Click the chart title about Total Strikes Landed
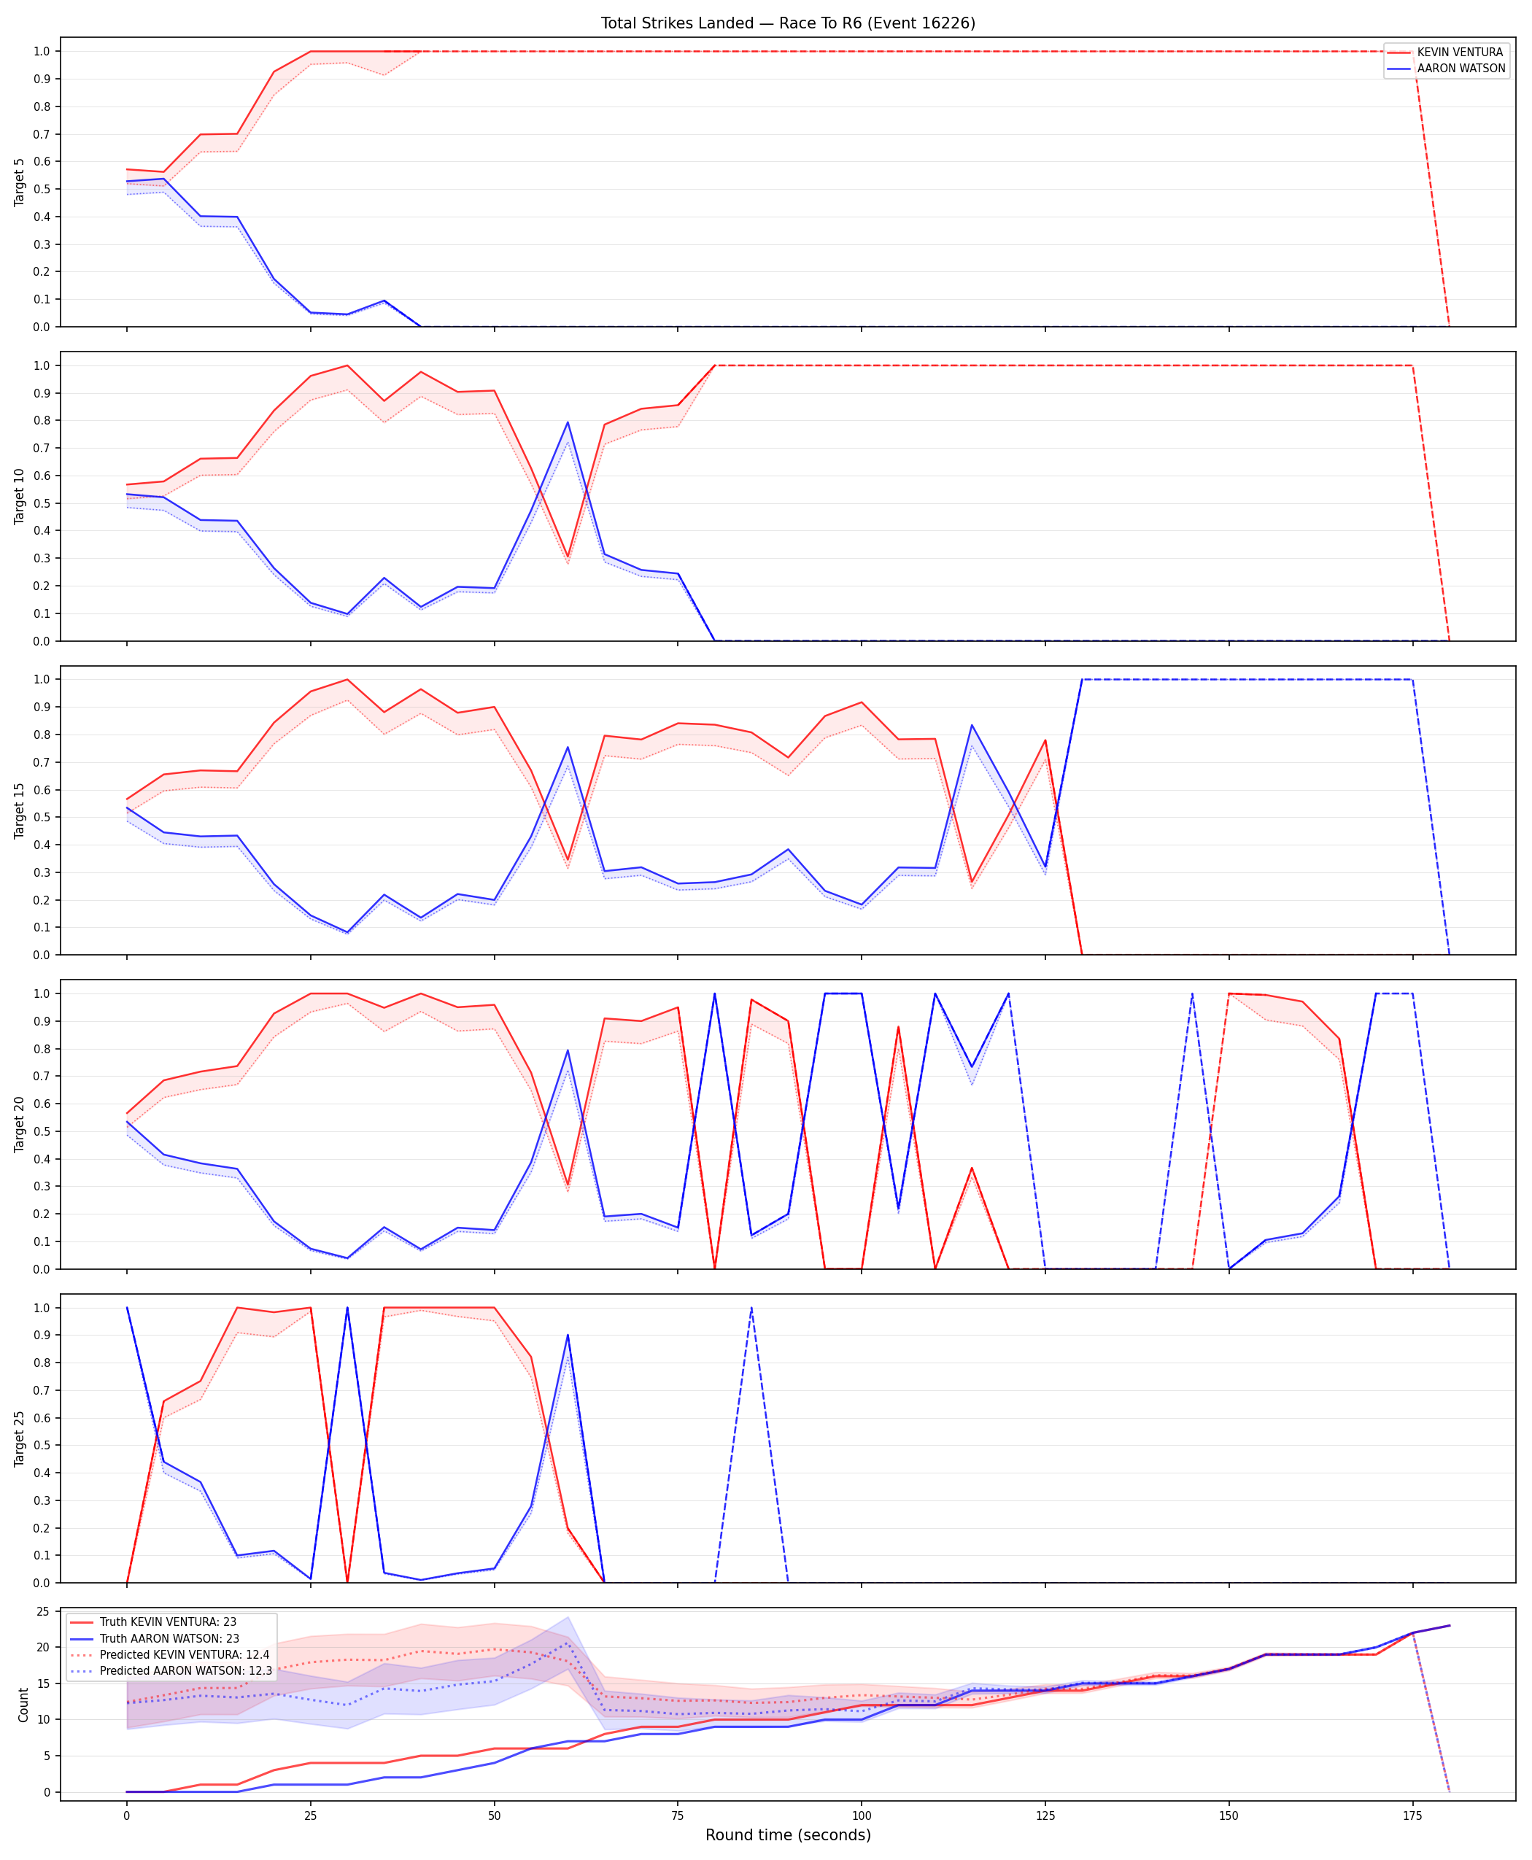(788, 23)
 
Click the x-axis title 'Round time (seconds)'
(788, 1834)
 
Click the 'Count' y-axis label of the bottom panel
(23, 1705)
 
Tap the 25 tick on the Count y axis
(42, 1611)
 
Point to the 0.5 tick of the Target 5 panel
(42, 189)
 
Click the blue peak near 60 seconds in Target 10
(568, 422)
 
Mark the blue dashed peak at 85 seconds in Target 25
(751, 1308)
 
